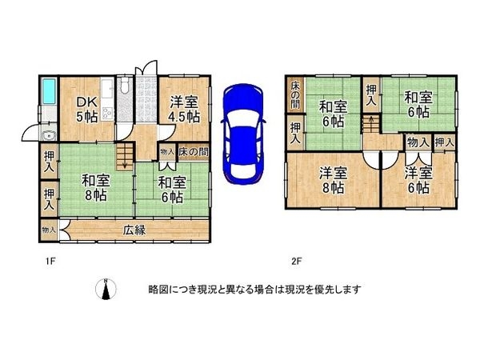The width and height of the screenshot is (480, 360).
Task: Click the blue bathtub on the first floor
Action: pyautogui.click(x=48, y=94)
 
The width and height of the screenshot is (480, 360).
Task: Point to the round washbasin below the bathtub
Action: pyautogui.click(x=46, y=134)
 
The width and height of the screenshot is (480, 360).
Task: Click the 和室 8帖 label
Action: pyautogui.click(x=94, y=186)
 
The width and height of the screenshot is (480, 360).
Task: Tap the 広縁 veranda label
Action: pyautogui.click(x=134, y=230)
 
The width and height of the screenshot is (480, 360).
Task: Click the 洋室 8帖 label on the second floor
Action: pyautogui.click(x=334, y=180)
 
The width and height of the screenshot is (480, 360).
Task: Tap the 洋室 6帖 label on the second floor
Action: pyautogui.click(x=417, y=180)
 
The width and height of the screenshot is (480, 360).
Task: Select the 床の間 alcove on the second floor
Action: pyautogui.click(x=295, y=95)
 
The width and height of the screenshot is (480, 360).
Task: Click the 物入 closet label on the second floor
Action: pyautogui.click(x=417, y=142)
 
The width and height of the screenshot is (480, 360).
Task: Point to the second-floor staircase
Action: pyautogui.click(x=371, y=125)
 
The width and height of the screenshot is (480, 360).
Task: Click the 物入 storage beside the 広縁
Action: pyautogui.click(x=48, y=230)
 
